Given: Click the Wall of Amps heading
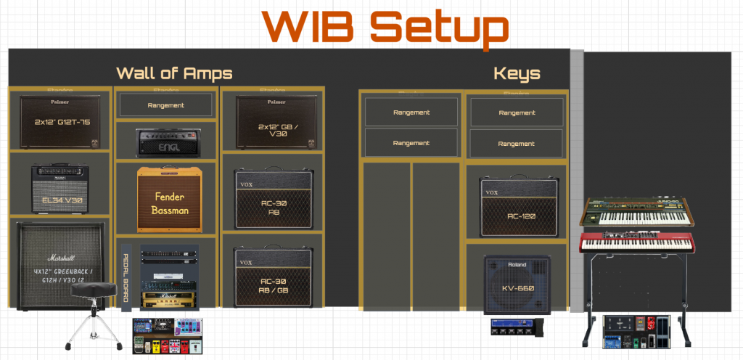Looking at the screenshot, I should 174,73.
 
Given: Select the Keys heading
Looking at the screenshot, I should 517,73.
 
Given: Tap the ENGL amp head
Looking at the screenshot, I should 166,142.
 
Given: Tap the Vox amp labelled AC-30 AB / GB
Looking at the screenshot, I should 274,277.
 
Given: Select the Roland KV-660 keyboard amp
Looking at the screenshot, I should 517,285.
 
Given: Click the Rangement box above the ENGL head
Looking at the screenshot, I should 166,105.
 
